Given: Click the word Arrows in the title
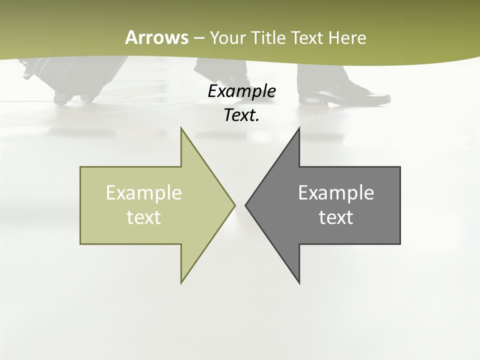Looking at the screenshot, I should pyautogui.click(x=156, y=37).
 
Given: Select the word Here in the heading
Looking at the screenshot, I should pyautogui.click(x=347, y=37).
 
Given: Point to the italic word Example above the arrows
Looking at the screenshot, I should pyautogui.click(x=241, y=91).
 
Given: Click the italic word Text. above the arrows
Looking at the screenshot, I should pyautogui.click(x=241, y=115).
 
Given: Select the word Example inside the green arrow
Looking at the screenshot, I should pyautogui.click(x=144, y=193).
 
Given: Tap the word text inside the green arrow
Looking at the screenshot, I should pyautogui.click(x=144, y=217).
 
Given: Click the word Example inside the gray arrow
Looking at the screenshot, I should pyautogui.click(x=336, y=193).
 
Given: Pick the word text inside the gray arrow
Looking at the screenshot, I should pyautogui.click(x=336, y=217).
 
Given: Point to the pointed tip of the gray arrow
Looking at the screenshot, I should pyautogui.click(x=246, y=205).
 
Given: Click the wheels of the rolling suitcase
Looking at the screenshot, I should pyautogui.click(x=73, y=98).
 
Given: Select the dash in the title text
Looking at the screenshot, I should pyautogui.click(x=198, y=38).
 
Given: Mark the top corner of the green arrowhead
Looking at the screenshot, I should pyautogui.click(x=181, y=128).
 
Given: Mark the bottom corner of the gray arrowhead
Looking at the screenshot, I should pyautogui.click(x=299, y=282).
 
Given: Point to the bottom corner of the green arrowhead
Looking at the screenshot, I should pyautogui.click(x=181, y=282).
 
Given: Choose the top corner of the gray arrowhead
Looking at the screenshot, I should pyautogui.click(x=299, y=128).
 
